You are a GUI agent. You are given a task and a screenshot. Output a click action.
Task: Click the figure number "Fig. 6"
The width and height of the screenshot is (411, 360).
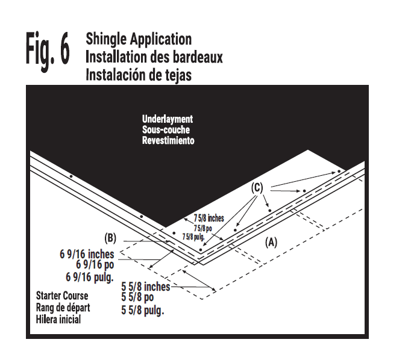pos(47,52)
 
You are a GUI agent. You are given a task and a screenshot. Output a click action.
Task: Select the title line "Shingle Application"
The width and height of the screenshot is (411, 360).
pos(139,40)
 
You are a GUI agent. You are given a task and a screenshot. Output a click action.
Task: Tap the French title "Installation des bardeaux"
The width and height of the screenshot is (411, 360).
pos(154,57)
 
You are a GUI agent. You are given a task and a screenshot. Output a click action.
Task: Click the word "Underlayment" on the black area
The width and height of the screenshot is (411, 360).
pos(168,119)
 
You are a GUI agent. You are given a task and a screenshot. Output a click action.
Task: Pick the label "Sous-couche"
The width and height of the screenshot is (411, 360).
pos(164,129)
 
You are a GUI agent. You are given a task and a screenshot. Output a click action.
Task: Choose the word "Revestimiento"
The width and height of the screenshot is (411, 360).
pos(168,140)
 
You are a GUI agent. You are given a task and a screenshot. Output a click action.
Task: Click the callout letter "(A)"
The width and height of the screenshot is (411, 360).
pos(271,242)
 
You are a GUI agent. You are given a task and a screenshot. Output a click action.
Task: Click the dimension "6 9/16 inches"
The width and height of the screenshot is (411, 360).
pos(87,254)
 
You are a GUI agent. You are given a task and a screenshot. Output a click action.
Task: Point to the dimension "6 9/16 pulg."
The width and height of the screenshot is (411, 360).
pos(89,277)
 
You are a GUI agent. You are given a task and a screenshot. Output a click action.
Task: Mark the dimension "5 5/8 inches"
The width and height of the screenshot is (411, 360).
pos(145,287)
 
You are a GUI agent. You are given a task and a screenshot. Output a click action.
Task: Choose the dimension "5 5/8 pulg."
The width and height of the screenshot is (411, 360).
pos(143,311)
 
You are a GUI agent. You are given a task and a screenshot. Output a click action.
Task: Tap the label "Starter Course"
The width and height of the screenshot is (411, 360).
pos(62,296)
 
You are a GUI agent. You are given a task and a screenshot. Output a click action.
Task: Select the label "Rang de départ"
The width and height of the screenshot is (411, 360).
pos(63,308)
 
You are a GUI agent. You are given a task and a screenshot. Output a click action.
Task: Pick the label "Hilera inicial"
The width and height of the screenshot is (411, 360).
pos(58,320)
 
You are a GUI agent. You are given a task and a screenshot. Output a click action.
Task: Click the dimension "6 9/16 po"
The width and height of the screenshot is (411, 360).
pos(95,265)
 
